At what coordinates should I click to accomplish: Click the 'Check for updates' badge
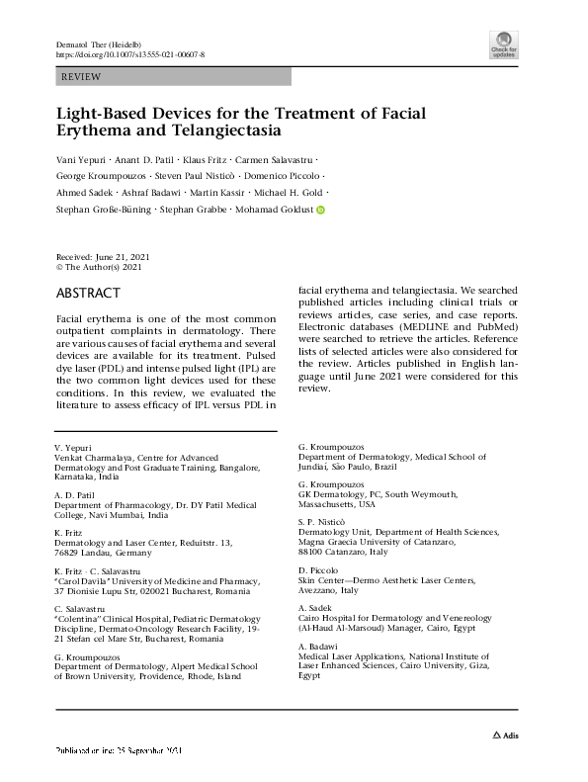(x=503, y=45)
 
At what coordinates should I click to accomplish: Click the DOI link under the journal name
(x=128, y=55)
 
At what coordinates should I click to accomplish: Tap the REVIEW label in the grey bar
(x=81, y=76)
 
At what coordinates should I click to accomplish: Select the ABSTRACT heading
(x=87, y=294)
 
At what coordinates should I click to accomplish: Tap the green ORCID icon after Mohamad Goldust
(x=320, y=210)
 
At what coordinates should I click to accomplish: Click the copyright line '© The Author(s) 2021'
(x=98, y=267)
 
